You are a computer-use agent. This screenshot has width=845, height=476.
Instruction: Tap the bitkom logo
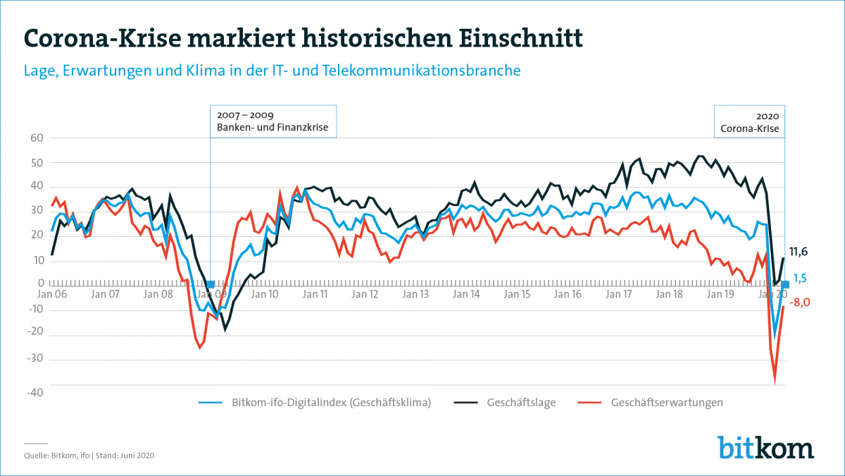(x=765, y=447)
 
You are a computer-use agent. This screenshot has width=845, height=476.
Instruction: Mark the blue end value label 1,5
(x=800, y=279)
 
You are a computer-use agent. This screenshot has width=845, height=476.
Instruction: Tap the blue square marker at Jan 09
(x=211, y=284)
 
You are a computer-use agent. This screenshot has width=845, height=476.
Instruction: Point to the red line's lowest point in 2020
(x=775, y=382)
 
